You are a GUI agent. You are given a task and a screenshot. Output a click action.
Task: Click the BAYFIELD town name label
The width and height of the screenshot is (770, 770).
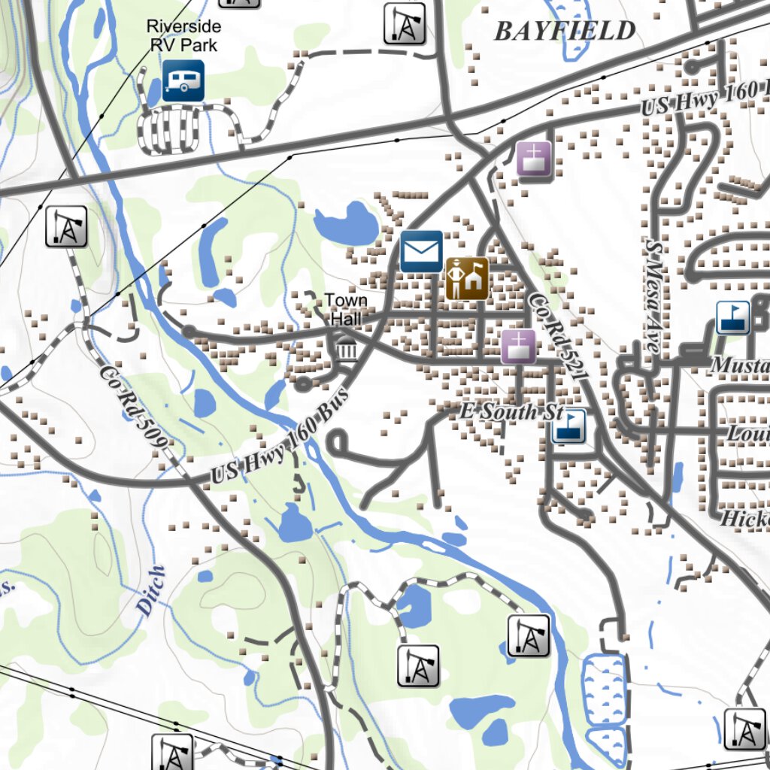tap(564, 31)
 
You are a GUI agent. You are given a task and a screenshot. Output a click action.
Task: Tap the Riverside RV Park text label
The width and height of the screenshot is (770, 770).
tap(183, 36)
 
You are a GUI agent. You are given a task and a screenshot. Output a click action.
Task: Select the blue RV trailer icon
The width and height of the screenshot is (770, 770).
tap(183, 80)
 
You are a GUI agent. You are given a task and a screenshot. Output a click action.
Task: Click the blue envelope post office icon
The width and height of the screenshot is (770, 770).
tap(421, 251)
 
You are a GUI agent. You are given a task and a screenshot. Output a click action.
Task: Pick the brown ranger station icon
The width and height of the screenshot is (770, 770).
tap(466, 278)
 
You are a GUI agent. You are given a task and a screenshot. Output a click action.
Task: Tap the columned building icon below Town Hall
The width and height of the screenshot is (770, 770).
tap(347, 347)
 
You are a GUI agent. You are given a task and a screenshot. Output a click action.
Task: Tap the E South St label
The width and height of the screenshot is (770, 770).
tap(511, 412)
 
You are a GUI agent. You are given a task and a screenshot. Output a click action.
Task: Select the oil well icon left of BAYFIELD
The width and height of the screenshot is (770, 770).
tap(405, 24)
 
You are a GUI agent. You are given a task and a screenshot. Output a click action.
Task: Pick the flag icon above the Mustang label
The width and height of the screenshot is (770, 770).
tap(732, 317)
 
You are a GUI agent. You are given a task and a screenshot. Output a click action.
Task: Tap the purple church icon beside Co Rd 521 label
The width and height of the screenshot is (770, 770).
tap(518, 347)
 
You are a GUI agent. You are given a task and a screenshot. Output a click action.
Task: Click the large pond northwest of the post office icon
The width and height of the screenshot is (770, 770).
tap(346, 224)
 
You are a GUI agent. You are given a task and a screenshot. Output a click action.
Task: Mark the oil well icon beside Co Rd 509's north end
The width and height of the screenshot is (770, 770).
tap(66, 226)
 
